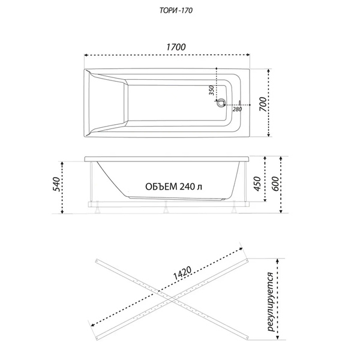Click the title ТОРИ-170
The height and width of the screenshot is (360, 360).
pos(176,11)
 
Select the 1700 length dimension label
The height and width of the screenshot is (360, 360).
pos(176,47)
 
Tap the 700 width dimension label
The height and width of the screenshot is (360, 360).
pos(263,104)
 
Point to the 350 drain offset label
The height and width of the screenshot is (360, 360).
pos(211,90)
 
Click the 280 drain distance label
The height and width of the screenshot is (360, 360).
pos(237,109)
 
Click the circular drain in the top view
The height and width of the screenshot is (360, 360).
pos(221,103)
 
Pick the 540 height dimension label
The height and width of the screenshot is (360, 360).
pos(56,184)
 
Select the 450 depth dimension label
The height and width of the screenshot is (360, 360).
pos(257,184)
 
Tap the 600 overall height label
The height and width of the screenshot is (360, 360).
pos(275,184)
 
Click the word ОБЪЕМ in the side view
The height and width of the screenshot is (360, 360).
pos(161,187)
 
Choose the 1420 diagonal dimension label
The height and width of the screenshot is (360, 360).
pos(182,273)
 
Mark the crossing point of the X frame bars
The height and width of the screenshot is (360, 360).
pos(172,299)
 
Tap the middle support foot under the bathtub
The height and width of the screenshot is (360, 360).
pos(166,207)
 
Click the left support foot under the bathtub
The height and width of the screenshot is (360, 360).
pos(98,207)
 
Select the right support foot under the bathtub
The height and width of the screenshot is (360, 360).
pos(235,207)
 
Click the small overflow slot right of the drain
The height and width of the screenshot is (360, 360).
pos(240,103)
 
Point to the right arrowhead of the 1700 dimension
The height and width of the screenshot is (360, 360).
pos(248,55)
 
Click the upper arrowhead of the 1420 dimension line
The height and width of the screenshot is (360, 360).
pos(241,248)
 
